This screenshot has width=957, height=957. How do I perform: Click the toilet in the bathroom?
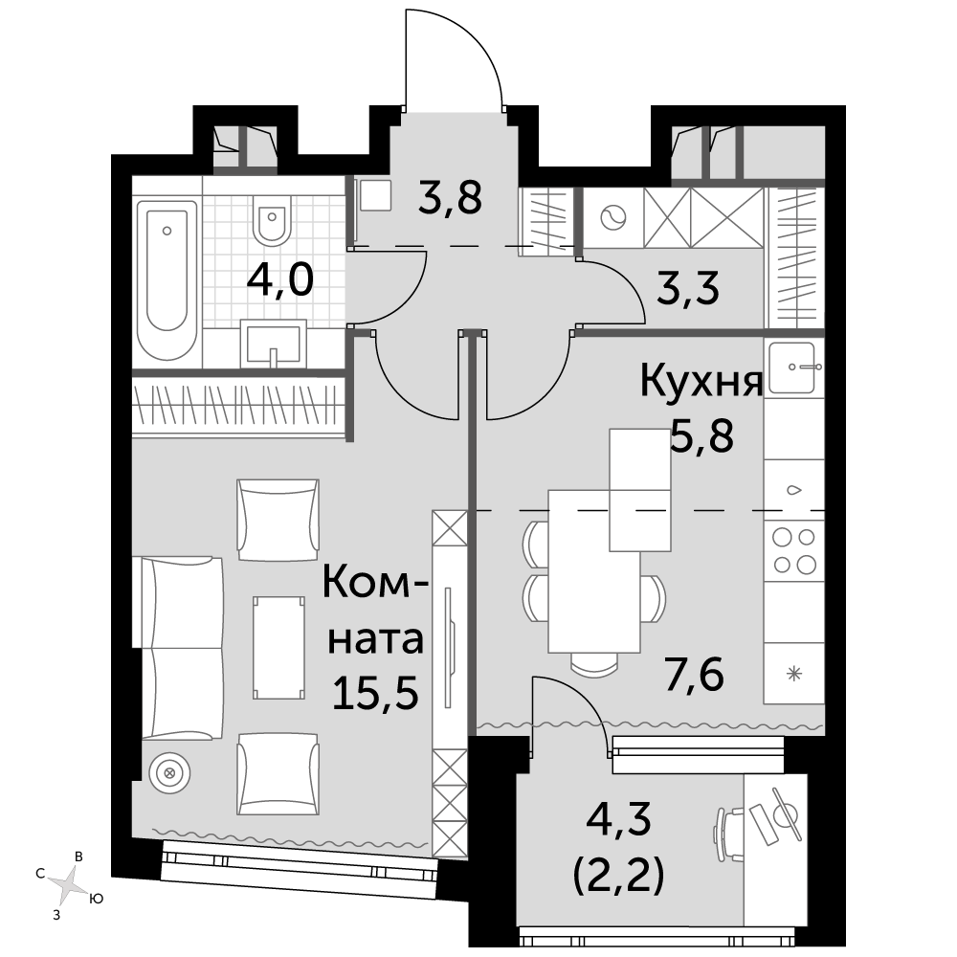272,220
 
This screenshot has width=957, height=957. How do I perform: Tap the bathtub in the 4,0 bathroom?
167,280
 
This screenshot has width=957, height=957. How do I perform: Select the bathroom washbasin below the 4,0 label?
274,343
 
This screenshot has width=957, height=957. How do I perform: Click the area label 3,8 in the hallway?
450,197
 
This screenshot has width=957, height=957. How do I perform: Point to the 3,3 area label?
688,288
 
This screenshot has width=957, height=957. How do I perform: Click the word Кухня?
701,381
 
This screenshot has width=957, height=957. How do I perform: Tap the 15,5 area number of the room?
375,693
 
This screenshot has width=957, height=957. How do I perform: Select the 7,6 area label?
695,675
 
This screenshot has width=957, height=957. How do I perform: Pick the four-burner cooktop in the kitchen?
794,550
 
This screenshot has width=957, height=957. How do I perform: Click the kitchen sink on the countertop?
793,367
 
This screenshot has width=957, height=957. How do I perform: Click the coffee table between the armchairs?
278,648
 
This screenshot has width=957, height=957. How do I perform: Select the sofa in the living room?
182,648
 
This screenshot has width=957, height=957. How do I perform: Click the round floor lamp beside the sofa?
169,773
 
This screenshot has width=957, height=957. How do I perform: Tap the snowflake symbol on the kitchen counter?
794,675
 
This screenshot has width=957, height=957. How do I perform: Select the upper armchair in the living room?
278,520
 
